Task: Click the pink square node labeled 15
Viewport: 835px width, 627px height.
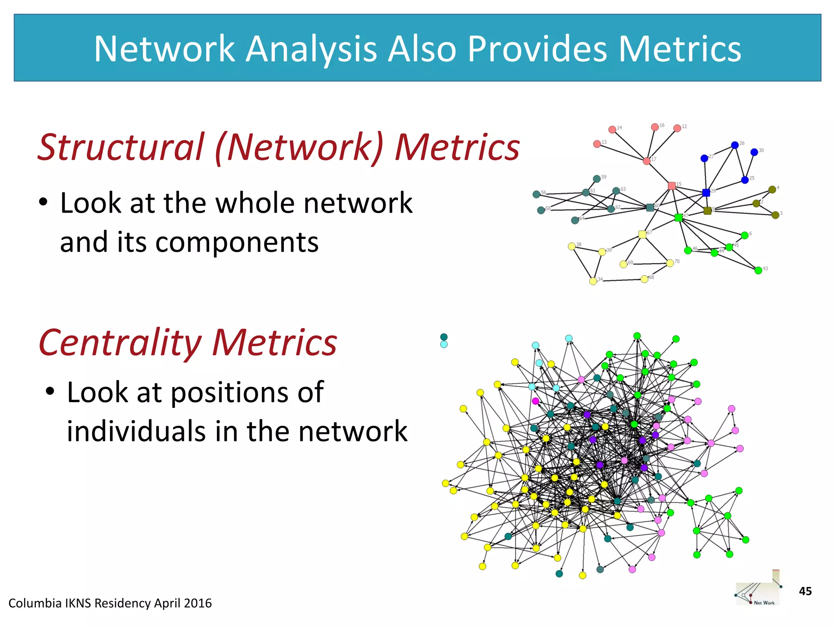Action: pyautogui.click(x=672, y=186)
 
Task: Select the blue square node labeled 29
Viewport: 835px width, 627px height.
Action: pyautogui.click(x=706, y=193)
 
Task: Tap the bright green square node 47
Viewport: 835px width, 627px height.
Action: pyautogui.click(x=678, y=218)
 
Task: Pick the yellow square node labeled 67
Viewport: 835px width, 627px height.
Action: pyautogui.click(x=642, y=234)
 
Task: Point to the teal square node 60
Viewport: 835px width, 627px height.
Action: pyautogui.click(x=650, y=207)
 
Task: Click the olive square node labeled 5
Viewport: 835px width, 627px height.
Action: pyautogui.click(x=707, y=211)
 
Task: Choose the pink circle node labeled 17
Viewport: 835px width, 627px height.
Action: pyautogui.click(x=647, y=161)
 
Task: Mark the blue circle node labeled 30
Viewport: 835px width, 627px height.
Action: pyautogui.click(x=754, y=152)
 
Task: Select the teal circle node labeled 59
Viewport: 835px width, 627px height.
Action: pyautogui.click(x=596, y=179)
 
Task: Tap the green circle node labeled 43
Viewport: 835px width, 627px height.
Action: pyautogui.click(x=758, y=270)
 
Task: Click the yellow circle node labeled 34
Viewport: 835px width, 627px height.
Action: pyautogui.click(x=593, y=281)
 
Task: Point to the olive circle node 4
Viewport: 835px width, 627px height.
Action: pyautogui.click(x=772, y=189)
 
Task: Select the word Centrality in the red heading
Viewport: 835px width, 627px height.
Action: pyautogui.click(x=119, y=343)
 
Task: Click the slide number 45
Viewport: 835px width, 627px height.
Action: pyautogui.click(x=805, y=591)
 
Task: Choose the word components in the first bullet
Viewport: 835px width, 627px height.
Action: pyautogui.click(x=237, y=242)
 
